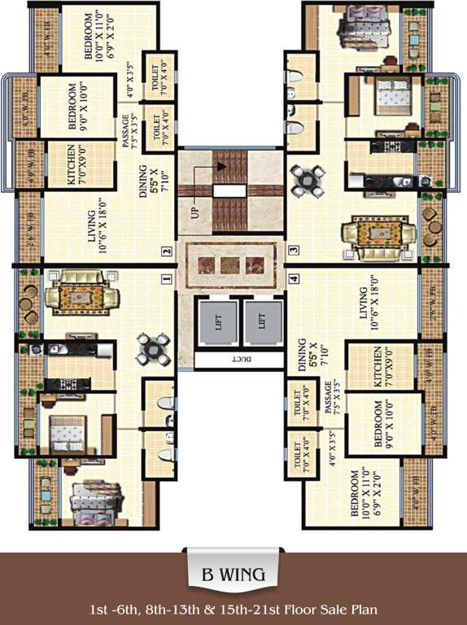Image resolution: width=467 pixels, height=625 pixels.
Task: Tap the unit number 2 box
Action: [166, 251]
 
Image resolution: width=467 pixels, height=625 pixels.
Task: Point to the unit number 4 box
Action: [293, 278]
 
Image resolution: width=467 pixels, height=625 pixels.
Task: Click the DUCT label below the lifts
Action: [240, 358]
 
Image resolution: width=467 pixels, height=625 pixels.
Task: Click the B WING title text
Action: [233, 575]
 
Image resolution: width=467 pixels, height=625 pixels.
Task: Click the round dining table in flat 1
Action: [153, 347]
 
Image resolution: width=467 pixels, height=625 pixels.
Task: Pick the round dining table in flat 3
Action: [307, 179]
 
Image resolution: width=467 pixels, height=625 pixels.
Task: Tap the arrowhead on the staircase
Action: [220, 167]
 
